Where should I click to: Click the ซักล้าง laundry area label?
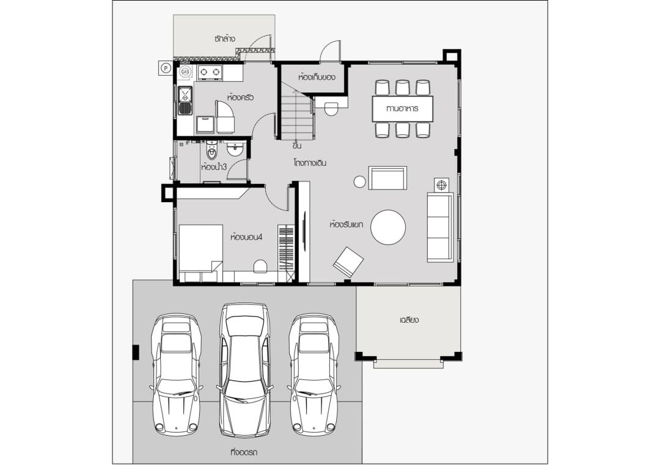[224, 38]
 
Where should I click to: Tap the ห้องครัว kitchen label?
[240, 97]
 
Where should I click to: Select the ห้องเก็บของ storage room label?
[317, 77]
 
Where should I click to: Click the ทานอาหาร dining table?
[402, 109]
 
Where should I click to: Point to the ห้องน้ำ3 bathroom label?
[214, 167]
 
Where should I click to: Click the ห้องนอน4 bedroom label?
[246, 237]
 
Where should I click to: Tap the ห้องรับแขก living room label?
[346, 224]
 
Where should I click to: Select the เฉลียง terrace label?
[409, 320]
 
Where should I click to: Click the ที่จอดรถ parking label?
[244, 452]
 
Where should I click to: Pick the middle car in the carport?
[245, 370]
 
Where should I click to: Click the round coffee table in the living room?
[388, 227]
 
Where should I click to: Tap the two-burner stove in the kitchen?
[210, 72]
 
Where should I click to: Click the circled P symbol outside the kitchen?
[166, 68]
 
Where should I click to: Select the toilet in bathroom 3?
[212, 152]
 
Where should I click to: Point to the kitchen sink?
[185, 101]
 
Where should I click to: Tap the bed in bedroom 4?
[201, 253]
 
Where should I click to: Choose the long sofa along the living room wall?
[440, 227]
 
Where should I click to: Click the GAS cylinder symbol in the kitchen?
[185, 72]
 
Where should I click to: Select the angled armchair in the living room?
[348, 262]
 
